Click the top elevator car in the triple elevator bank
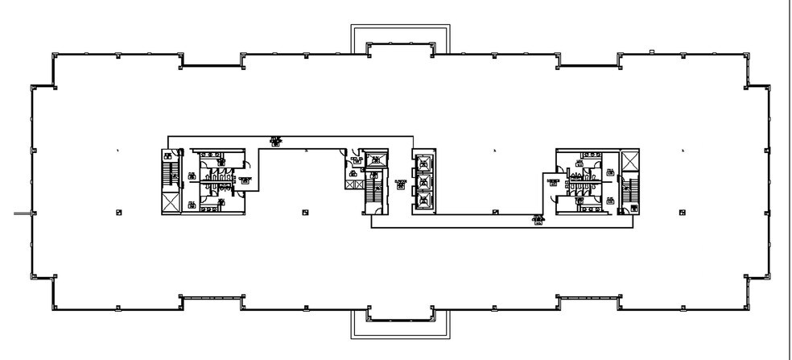coord(423,167)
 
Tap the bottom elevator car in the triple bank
coord(423,201)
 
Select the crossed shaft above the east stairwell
coord(629,160)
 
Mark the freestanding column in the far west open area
coord(119,212)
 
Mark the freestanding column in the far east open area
coord(683,212)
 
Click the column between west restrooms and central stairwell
coord(304,212)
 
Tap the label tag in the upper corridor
coord(276,141)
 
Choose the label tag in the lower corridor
coord(537,220)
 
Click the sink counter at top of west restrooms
coord(212,154)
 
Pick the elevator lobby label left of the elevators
coord(400,184)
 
